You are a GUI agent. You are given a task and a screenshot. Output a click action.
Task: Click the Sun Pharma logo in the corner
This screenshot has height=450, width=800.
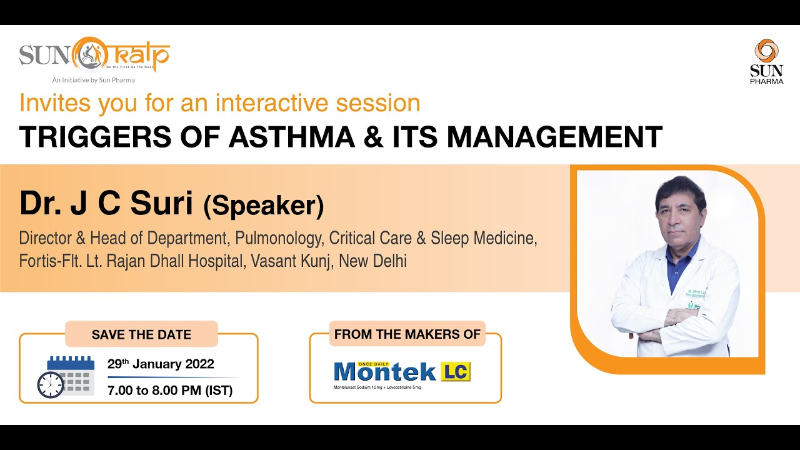[x=766, y=61]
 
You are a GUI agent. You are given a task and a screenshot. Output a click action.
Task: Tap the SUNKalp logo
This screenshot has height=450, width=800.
[x=94, y=54]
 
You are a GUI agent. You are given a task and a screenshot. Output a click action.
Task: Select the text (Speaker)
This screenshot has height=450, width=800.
[x=263, y=206]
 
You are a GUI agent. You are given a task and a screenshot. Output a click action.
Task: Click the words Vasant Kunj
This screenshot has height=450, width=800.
[x=292, y=261]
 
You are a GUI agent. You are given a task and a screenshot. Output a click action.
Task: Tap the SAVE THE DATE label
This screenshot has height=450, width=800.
[x=141, y=334]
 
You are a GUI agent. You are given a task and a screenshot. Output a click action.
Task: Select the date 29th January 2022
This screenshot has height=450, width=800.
[x=161, y=364]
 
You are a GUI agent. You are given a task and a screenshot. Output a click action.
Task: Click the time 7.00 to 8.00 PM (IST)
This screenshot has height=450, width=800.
[x=170, y=391]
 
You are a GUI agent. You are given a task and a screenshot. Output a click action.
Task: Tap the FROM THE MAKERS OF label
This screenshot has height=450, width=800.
[x=407, y=334]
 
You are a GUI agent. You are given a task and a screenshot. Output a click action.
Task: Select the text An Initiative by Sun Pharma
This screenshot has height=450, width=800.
[x=93, y=80]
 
